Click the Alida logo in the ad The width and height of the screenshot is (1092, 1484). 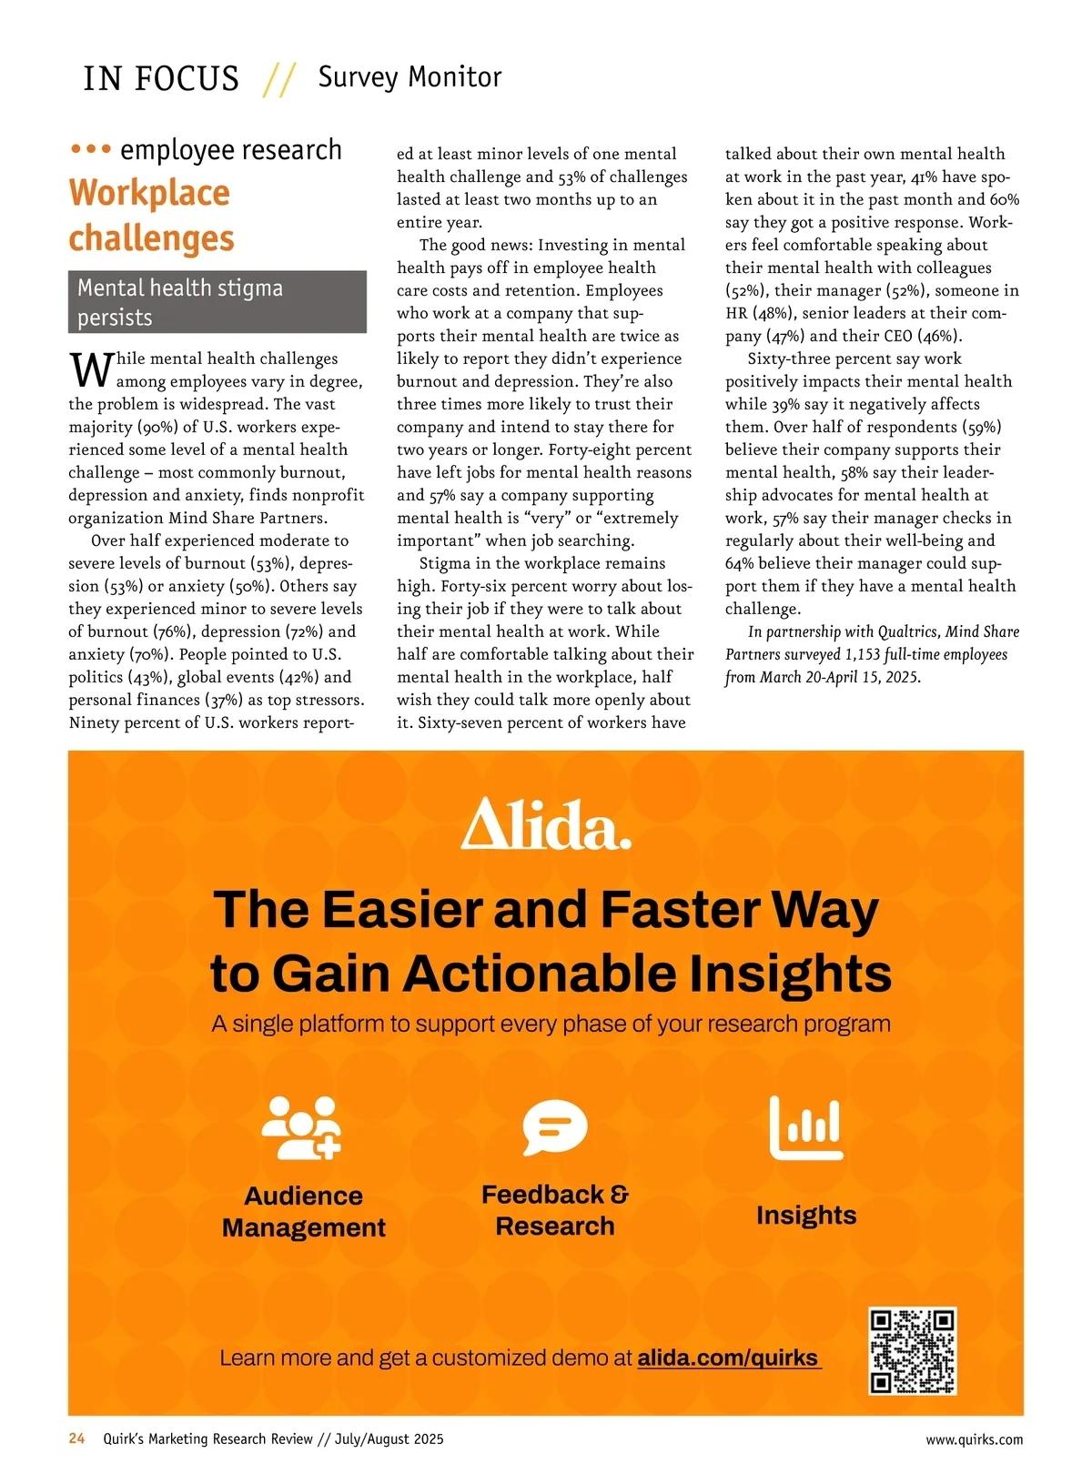pos(546,824)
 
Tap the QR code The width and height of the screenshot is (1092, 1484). pos(913,1351)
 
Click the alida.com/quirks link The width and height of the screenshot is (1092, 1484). pos(729,1358)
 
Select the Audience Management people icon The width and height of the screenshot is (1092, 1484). pos(301,1128)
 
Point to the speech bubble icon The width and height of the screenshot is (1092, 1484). pos(554,1127)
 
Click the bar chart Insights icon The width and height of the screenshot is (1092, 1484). pos(806,1128)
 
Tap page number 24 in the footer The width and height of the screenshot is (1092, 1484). pos(77,1439)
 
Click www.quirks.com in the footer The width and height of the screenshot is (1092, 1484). pos(974,1439)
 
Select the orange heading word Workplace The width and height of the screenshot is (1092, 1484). pos(149,193)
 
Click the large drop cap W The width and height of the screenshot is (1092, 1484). pos(91,370)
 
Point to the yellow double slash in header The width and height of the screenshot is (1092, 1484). pos(279,79)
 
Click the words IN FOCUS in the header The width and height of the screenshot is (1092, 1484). pos(161,78)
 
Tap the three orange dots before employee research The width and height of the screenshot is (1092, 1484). pos(90,148)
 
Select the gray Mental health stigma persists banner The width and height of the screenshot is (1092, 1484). pos(217,302)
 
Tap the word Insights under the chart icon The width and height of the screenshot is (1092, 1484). pos(806,1216)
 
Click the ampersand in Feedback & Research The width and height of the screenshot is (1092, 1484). pos(619,1194)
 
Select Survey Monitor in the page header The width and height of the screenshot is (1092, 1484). pos(409,77)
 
